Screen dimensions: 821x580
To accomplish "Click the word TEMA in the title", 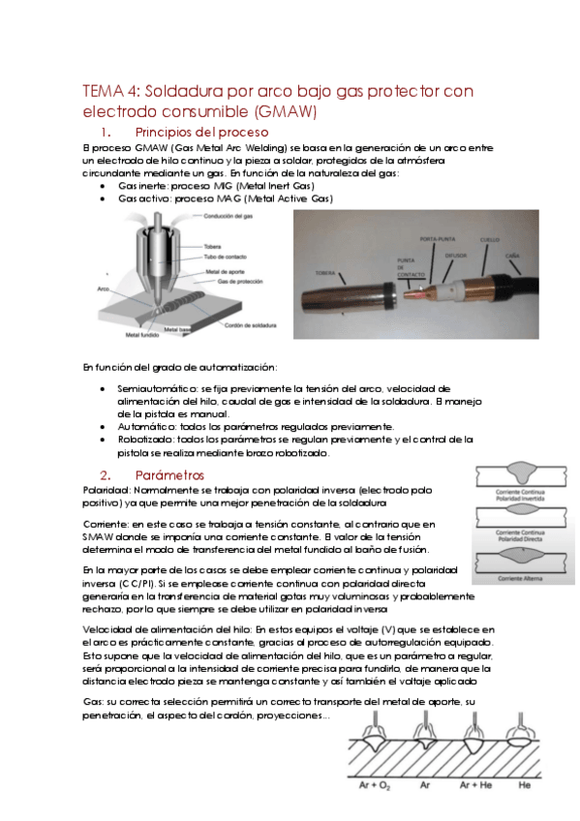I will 97,92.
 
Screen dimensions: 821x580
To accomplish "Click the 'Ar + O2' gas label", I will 370,787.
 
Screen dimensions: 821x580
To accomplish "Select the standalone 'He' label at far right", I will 525,787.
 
